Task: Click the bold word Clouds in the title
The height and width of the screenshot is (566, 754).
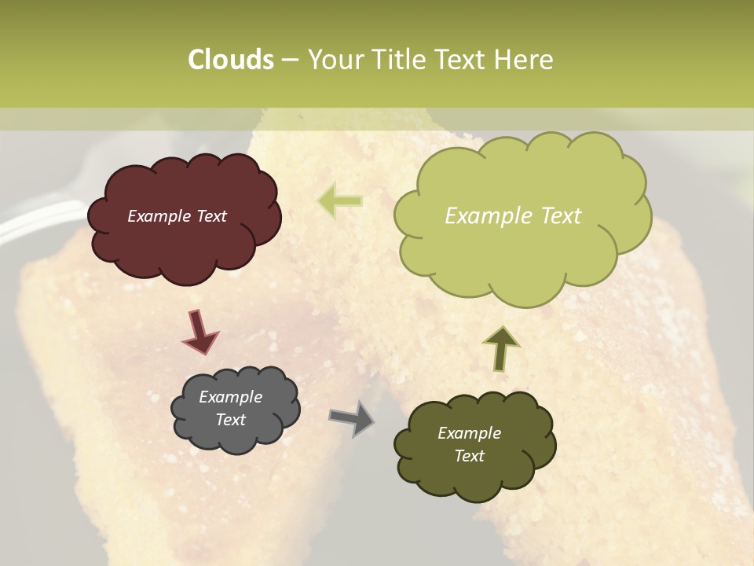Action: click(x=231, y=60)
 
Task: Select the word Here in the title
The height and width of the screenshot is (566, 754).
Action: click(x=525, y=60)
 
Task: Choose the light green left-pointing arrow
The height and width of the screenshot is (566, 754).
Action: click(x=339, y=200)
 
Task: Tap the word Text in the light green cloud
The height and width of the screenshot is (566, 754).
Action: click(x=559, y=216)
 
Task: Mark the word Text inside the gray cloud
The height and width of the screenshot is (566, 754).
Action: click(x=231, y=420)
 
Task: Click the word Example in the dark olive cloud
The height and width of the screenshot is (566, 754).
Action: click(x=469, y=433)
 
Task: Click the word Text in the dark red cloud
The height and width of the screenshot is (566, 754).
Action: click(x=211, y=216)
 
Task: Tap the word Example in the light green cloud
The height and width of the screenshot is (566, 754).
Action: click(x=487, y=216)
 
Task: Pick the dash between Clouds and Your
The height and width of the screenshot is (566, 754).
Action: click(x=289, y=60)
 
